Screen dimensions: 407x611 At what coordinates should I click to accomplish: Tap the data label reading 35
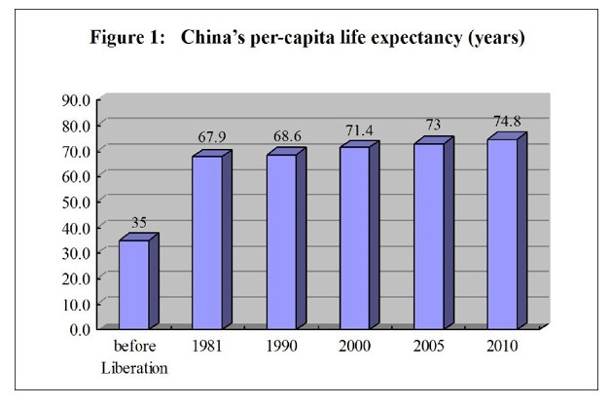138,223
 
